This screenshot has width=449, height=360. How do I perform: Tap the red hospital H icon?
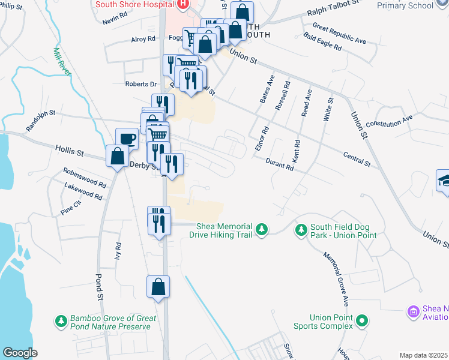tap(182, 4)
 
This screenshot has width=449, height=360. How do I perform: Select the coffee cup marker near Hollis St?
tap(126, 139)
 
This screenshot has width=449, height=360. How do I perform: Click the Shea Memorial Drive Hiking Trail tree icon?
tap(261, 230)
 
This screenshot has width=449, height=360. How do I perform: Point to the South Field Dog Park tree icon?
tap(301, 230)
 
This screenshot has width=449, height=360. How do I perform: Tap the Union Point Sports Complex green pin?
tap(361, 322)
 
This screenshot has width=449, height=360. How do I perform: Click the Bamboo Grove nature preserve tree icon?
tap(61, 322)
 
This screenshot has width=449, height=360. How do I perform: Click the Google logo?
tap(20, 353)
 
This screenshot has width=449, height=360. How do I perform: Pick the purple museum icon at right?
tap(413, 312)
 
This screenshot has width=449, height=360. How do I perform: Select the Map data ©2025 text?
tap(423, 355)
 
